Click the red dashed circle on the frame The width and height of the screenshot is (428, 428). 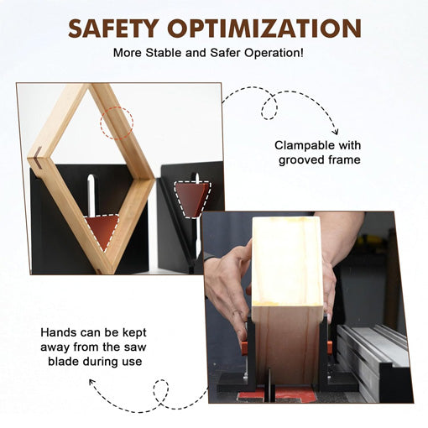click(117, 123)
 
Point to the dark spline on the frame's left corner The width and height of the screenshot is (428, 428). click(39, 154)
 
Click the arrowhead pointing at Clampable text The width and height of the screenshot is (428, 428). click(333, 131)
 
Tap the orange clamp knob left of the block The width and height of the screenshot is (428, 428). click(244, 346)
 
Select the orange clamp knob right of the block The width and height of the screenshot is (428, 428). click(330, 346)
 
